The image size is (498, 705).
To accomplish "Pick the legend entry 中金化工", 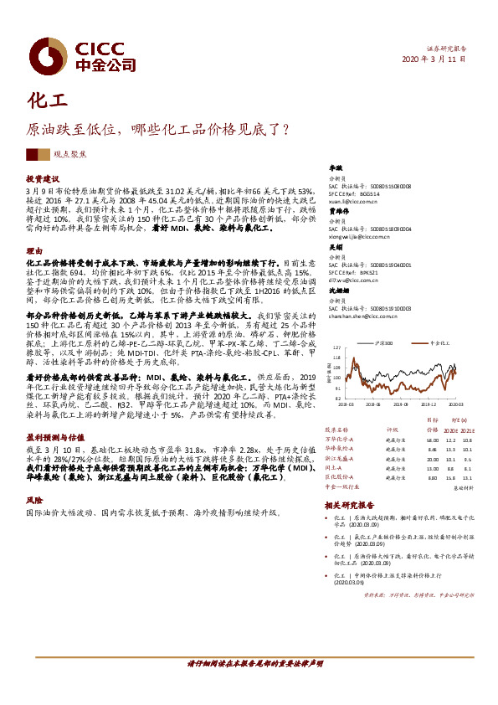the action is click(439, 343).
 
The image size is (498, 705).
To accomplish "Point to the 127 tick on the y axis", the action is click(336, 346).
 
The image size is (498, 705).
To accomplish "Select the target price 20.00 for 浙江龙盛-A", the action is click(432, 460).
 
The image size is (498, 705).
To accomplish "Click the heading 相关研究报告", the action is click(347, 505).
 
